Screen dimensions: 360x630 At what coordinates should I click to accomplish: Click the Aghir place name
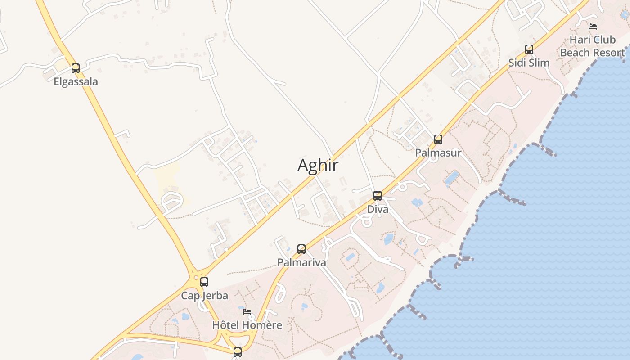coord(318,166)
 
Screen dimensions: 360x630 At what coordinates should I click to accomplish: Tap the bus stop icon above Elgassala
coord(76,68)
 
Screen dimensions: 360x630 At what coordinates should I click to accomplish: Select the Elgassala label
coord(76,82)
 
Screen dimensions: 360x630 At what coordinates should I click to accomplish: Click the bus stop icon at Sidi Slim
coord(529,49)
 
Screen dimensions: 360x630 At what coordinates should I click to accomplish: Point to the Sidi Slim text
coord(529,63)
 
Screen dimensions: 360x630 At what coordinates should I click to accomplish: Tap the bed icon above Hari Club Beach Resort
coord(593,27)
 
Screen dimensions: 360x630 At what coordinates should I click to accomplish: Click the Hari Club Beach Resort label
coord(592,46)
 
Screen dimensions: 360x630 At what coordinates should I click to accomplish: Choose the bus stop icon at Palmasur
coord(438,139)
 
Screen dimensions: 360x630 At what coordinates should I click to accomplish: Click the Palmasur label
coord(438,153)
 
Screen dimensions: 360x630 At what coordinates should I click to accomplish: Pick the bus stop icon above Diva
coord(378,196)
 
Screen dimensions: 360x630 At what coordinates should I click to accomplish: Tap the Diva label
coord(378,209)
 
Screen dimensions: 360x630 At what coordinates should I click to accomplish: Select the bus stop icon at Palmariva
coord(301,249)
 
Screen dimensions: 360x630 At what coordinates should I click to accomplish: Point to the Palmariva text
coord(301,262)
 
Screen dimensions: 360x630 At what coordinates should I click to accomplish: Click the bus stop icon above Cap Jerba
coord(204,282)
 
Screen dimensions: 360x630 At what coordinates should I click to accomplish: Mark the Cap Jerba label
coord(204,296)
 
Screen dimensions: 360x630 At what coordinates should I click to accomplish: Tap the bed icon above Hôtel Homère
coord(247,311)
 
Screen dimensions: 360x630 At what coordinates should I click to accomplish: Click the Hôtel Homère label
coord(247,325)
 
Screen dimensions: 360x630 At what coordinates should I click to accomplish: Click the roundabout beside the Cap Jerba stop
coord(194,278)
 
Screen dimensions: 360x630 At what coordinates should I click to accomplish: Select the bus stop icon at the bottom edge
coord(238,352)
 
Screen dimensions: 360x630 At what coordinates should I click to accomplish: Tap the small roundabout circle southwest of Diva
coord(366,222)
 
